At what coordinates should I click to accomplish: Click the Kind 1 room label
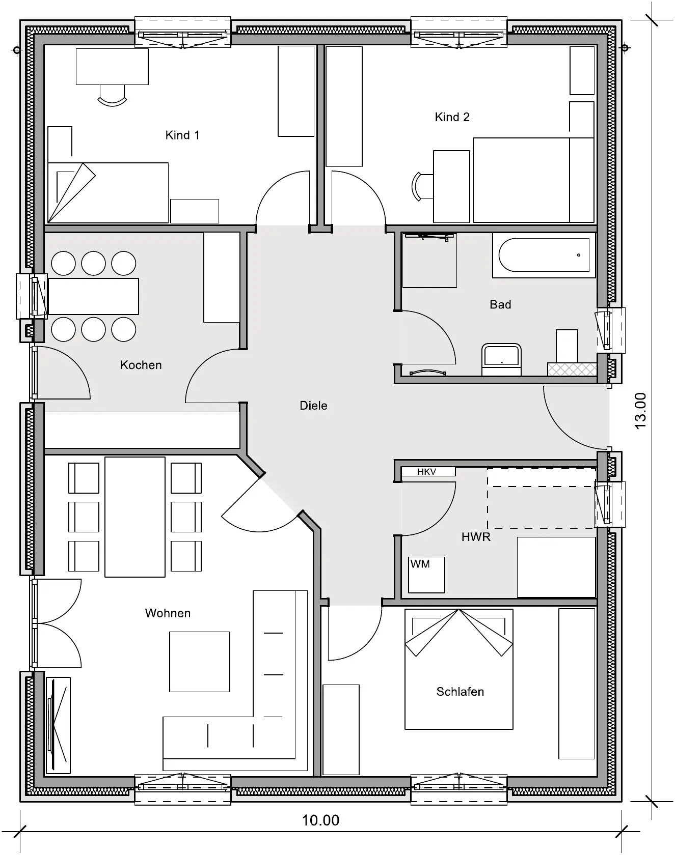(x=182, y=135)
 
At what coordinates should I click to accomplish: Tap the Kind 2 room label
(x=452, y=117)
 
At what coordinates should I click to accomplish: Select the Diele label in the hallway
(x=313, y=406)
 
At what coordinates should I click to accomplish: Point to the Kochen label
(x=141, y=365)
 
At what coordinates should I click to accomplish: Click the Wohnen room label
(x=168, y=613)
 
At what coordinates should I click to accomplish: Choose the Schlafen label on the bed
(x=460, y=692)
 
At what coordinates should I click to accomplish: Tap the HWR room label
(x=476, y=536)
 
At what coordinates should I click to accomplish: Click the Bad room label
(x=500, y=304)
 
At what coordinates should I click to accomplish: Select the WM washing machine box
(x=427, y=575)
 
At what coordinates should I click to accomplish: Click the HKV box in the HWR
(x=428, y=472)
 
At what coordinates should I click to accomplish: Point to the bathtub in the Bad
(x=544, y=255)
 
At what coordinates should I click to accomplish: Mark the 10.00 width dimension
(x=320, y=820)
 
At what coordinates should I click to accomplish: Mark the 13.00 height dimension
(x=640, y=411)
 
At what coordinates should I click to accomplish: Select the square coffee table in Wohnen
(x=200, y=662)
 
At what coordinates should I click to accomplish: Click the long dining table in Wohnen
(x=135, y=517)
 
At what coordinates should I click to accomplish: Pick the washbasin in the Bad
(x=501, y=359)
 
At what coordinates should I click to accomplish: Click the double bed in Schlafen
(x=459, y=669)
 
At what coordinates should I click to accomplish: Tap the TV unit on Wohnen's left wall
(x=58, y=725)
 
